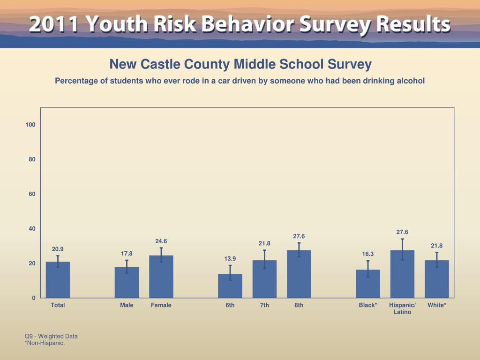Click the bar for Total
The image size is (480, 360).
click(58, 280)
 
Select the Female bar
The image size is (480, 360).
click(161, 277)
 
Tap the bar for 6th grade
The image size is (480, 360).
click(230, 286)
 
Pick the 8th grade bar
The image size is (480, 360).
click(299, 274)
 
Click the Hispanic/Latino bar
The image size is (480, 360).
click(402, 274)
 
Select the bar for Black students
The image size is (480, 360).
click(368, 284)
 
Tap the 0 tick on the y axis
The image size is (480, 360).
click(34, 298)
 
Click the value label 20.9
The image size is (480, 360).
click(58, 249)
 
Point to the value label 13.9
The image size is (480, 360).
click(230, 259)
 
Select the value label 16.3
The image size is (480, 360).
click(368, 254)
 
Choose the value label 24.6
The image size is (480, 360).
click(161, 241)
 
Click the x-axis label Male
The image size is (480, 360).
click(127, 305)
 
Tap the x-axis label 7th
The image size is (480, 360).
click(264, 305)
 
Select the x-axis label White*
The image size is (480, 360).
click(437, 305)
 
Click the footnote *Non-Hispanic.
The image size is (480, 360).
click(45, 343)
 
